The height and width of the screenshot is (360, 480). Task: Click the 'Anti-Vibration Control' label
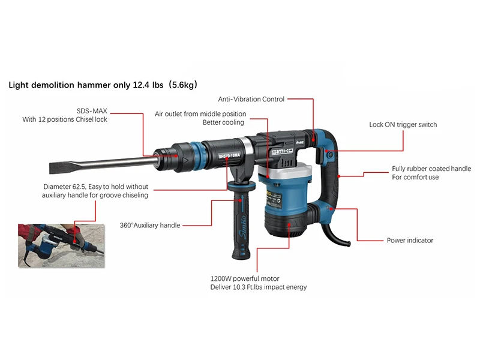tap(251, 99)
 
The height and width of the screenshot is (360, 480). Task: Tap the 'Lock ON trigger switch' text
tap(403, 125)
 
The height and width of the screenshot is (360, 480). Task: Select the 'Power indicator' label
tap(410, 241)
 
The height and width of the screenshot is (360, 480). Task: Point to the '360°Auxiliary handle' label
tap(149, 226)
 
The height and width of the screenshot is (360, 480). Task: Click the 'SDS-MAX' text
tap(92, 111)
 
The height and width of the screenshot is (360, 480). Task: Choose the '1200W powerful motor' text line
tap(245, 278)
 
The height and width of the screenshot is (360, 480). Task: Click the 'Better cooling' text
tap(223, 122)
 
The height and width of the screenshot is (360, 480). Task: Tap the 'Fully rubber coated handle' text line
tap(431, 169)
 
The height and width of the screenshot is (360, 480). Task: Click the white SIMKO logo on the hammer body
tap(282, 152)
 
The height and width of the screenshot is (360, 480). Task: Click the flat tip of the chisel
tap(52, 168)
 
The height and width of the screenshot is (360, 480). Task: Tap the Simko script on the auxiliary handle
tap(242, 227)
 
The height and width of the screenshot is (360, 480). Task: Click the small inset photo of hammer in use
tap(61, 245)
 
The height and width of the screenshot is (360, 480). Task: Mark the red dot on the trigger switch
tap(326, 151)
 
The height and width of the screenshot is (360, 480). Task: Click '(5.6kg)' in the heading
tap(183, 85)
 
